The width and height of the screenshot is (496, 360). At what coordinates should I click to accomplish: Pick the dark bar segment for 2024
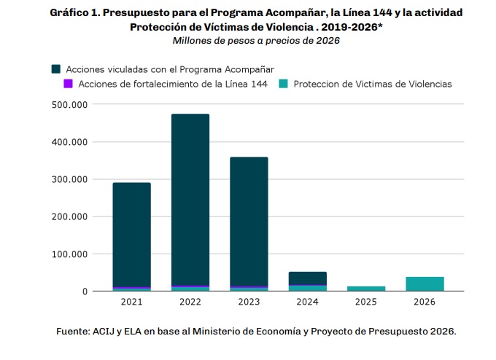click(x=307, y=278)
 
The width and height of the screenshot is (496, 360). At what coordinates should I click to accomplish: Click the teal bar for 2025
click(x=365, y=289)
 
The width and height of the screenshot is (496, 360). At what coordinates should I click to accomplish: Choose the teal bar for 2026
click(x=425, y=283)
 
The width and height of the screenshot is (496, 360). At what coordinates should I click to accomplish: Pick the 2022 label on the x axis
click(x=190, y=300)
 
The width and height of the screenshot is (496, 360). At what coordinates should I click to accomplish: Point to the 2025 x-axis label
click(x=365, y=300)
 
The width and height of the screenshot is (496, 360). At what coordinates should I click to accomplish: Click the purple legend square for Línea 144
click(x=68, y=84)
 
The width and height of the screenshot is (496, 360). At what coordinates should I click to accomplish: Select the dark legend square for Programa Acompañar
click(x=56, y=69)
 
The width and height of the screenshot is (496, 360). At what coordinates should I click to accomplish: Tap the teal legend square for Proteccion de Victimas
click(x=283, y=84)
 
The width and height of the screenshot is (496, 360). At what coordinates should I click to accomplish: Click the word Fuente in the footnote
click(x=74, y=332)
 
